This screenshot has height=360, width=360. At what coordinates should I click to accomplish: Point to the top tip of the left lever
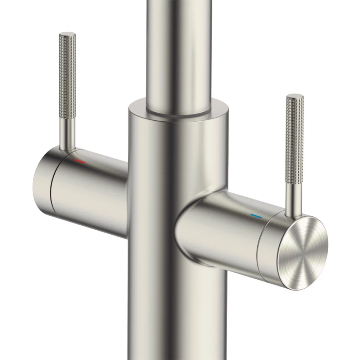67,35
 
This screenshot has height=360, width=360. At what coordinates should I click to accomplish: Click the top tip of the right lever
295,96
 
